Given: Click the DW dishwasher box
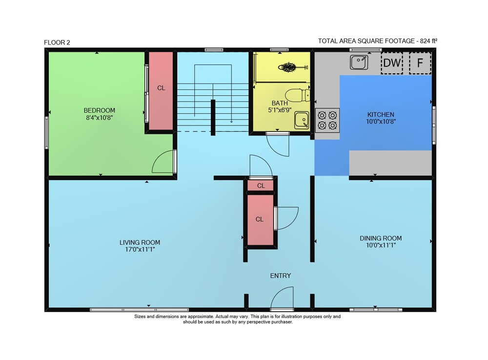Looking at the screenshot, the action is click(392, 63).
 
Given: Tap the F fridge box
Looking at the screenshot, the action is click(420, 63).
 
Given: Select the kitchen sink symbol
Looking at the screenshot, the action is click(359, 62).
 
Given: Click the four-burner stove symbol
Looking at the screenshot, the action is click(327, 120).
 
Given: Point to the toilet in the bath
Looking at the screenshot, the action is click(298, 95).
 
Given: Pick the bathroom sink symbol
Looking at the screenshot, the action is click(302, 120).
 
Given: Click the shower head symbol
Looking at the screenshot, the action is click(292, 67).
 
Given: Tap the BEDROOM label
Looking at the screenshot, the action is click(99, 110).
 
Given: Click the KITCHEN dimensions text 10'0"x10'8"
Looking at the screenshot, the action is click(381, 122).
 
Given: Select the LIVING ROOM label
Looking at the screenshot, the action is click(140, 242).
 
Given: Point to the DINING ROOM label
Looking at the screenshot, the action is click(381, 238).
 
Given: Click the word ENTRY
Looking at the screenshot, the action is click(281, 275).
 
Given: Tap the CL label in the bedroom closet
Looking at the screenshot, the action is click(161, 88).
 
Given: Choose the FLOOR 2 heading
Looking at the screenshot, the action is click(57, 42).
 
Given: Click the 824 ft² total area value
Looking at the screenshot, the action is click(428, 41).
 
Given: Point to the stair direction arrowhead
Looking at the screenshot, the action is click(231, 122).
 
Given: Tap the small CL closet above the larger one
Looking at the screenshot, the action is click(261, 186).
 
